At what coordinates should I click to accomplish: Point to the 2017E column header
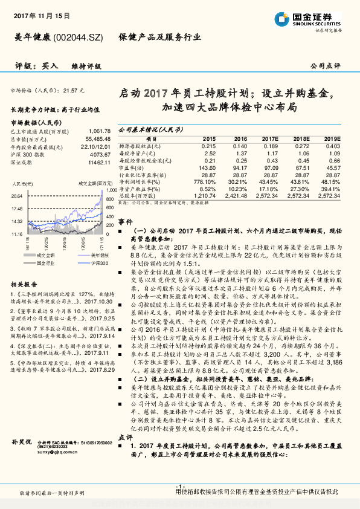coord(269,138)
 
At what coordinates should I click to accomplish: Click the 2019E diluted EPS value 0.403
coord(333,146)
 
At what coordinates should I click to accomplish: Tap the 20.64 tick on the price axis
coord(16,196)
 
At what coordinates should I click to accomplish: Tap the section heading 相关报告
coord(25,284)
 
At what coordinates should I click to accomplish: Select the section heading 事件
coord(125,222)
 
